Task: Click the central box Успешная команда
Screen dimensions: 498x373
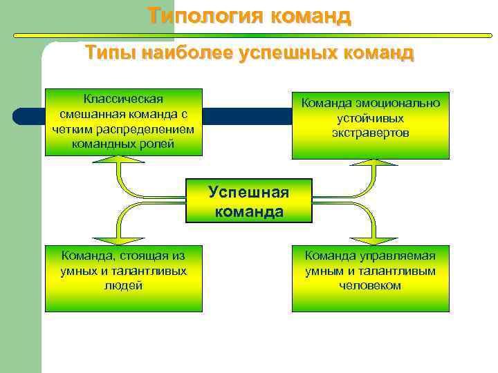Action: pos(249,201)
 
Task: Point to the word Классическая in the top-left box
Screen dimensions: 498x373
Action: pos(124,99)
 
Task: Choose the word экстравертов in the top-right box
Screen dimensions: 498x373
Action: pos(371,133)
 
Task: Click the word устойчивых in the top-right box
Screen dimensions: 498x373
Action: pos(371,118)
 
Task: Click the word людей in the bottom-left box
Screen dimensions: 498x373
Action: pos(124,285)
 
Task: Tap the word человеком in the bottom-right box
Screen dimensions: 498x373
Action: pos(371,285)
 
